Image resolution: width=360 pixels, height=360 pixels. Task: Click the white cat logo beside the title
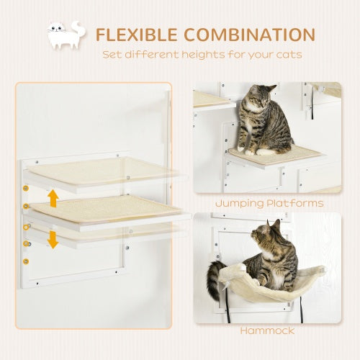(x=66, y=37)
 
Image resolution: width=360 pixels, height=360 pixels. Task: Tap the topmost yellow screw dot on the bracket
(x=26, y=189)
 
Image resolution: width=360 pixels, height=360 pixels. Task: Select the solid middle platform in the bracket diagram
(x=108, y=210)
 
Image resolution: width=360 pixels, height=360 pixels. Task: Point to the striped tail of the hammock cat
(x=213, y=281)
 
